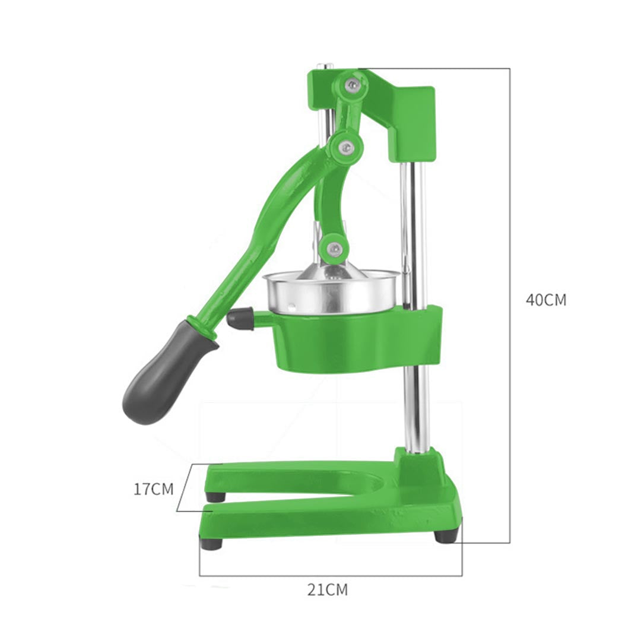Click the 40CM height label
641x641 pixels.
click(545, 300)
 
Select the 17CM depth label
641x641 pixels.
click(153, 489)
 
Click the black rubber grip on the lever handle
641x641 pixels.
click(163, 376)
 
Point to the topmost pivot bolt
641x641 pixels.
click(353, 84)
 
